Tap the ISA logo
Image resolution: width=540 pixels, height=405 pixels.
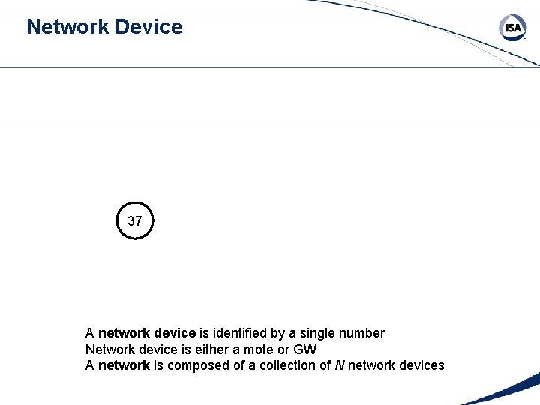pyautogui.click(x=513, y=28)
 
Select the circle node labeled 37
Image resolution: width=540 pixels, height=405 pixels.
pyautogui.click(x=135, y=221)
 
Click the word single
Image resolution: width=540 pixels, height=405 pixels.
pyautogui.click(x=318, y=333)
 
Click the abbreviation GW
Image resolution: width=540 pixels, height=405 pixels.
pyautogui.click(x=305, y=349)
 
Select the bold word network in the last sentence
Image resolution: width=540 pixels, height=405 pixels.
pyautogui.click(x=124, y=366)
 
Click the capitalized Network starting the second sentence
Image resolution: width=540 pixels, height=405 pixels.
pyautogui.click(x=109, y=349)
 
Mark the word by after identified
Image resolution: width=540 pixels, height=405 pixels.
pyautogui.click(x=278, y=333)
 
